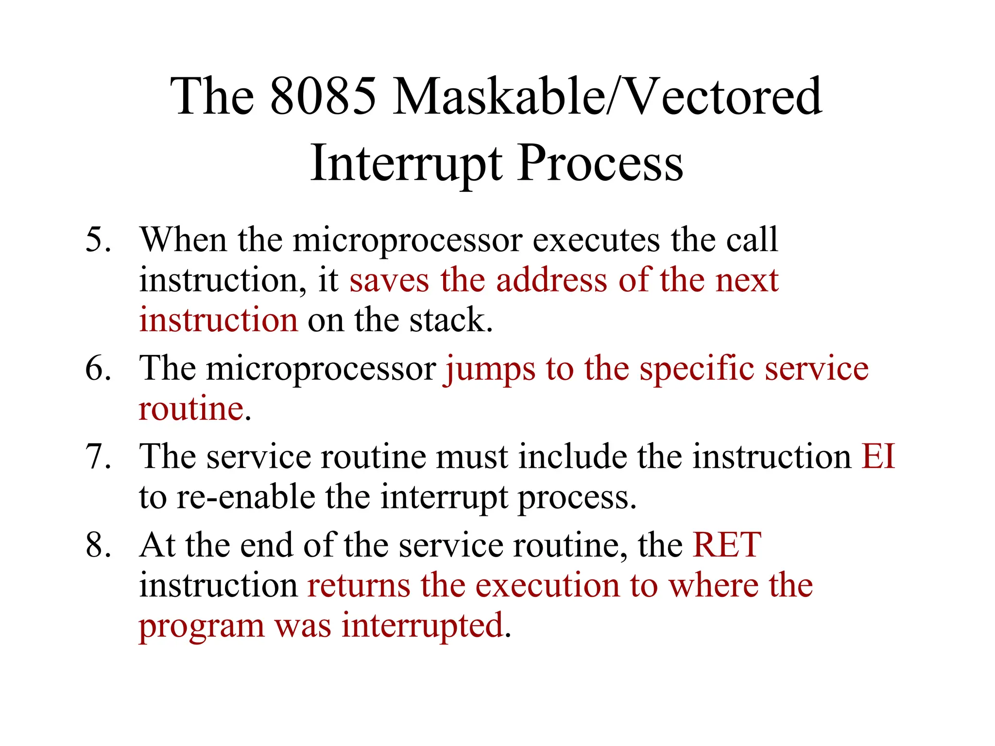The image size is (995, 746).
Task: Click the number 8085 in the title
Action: [x=323, y=97]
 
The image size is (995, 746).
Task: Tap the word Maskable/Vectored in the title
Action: [x=607, y=97]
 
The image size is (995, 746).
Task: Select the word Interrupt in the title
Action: [x=406, y=164]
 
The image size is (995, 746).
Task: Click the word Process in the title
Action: [x=600, y=164]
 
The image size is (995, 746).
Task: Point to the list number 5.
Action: [x=98, y=240]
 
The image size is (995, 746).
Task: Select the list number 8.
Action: [x=98, y=545]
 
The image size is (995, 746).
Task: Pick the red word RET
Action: [x=727, y=545]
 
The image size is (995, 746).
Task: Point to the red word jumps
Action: [x=490, y=369]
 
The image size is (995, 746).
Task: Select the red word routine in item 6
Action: [x=191, y=409]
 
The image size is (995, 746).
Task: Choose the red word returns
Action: [x=359, y=586]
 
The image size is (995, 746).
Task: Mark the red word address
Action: [x=551, y=281]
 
